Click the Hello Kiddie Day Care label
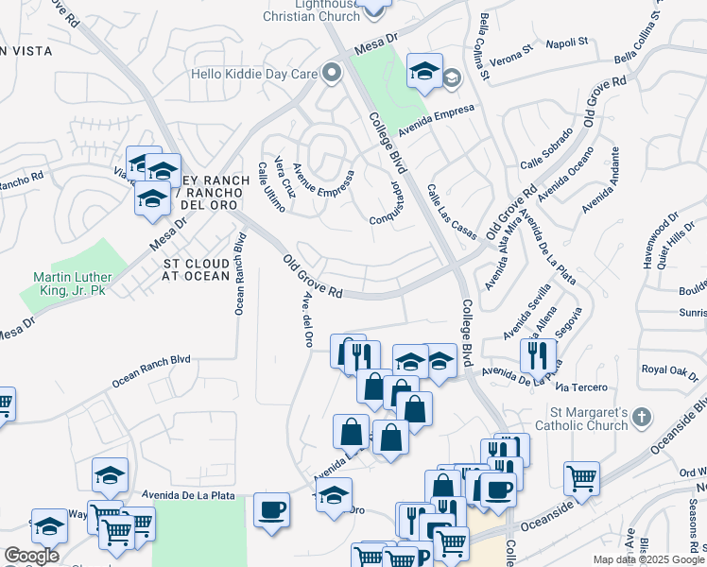pyautogui.click(x=252, y=73)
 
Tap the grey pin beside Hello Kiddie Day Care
pyautogui.click(x=330, y=72)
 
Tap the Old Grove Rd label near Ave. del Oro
pyautogui.click(x=312, y=276)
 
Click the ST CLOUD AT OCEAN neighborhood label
pyautogui.click(x=197, y=269)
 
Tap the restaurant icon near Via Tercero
pyautogui.click(x=538, y=355)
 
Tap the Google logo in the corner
pyautogui.click(x=31, y=556)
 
